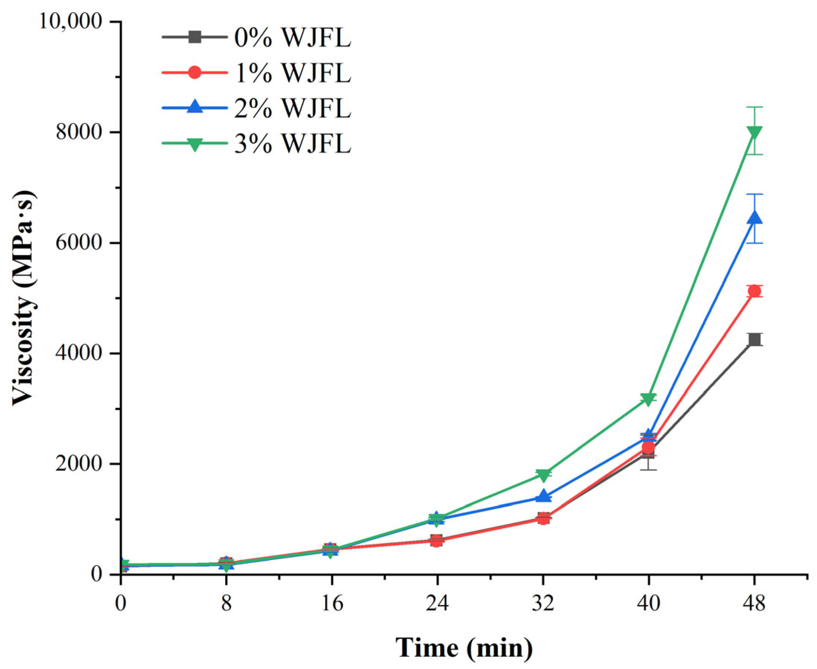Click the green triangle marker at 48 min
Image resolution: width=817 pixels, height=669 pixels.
754,132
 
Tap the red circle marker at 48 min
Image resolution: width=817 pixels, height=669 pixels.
754,292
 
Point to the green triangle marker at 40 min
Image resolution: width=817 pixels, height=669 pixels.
649,399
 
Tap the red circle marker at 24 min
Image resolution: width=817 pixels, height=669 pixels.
437,541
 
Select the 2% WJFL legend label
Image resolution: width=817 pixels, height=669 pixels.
293,109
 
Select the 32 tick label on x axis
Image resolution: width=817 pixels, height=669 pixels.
543,603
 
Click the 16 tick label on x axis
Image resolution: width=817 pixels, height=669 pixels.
332,603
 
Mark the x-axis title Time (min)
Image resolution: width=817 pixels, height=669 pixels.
464,648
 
